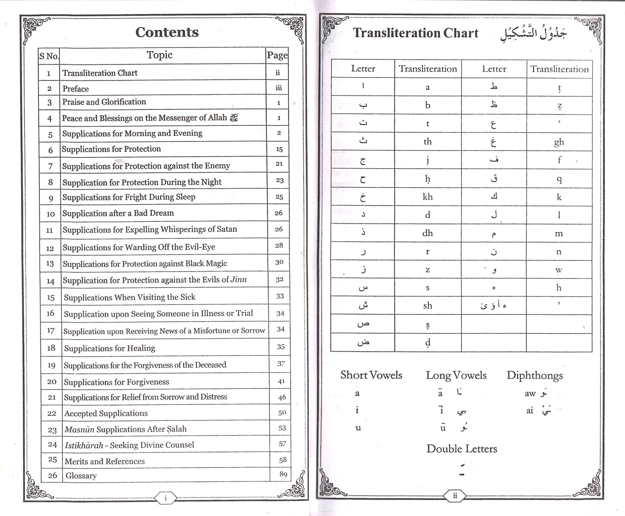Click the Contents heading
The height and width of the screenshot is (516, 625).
167,32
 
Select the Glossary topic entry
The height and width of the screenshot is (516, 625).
81,476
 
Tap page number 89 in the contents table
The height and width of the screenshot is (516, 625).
283,474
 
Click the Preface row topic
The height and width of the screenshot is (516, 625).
76,89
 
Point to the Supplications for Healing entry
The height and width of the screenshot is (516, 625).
109,348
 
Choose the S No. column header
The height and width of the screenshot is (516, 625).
49,56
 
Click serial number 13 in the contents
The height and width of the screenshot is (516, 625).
50,263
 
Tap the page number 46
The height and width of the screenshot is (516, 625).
282,397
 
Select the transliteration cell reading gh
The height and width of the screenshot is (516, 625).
559,142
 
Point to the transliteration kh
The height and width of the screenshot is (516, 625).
427,197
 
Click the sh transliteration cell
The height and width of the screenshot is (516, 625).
427,306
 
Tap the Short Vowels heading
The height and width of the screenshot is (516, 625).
371,375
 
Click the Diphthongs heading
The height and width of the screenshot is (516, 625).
535,375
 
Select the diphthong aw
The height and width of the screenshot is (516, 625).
530,394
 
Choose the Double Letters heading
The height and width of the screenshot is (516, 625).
462,449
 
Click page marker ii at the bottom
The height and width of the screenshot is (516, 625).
455,496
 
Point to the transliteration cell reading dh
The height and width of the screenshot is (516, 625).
427,233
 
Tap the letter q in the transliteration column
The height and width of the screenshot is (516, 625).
559,179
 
